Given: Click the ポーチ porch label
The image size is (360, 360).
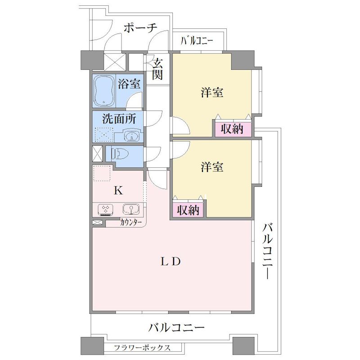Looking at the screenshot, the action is tap(140, 28).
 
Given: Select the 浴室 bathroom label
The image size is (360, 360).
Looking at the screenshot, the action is tap(129, 84).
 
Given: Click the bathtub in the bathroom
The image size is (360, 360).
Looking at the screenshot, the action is tap(104, 91).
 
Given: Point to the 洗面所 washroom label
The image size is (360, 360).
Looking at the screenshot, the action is tap(119, 119).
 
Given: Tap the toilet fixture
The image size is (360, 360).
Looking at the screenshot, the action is tap(119, 153).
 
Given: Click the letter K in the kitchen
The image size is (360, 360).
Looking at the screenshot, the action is tap(118, 190).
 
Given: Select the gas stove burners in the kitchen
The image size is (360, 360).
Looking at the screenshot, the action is tap(106, 209).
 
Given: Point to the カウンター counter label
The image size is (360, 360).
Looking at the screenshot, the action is tap(130, 222).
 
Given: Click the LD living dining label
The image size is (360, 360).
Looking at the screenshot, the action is tap(171, 261).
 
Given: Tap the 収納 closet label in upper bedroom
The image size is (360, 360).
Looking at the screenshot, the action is tap(232, 129).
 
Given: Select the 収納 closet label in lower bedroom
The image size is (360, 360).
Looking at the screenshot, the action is tap(188, 210).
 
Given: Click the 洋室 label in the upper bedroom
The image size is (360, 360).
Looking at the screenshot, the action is tap(212, 92).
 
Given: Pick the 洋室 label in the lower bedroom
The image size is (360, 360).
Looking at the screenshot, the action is tap(212, 167).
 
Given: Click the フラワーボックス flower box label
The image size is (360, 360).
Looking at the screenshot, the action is tap(142, 347).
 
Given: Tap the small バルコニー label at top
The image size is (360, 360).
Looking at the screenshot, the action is tap(197, 41).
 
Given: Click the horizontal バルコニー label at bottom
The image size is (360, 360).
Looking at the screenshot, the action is tap(176, 328).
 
